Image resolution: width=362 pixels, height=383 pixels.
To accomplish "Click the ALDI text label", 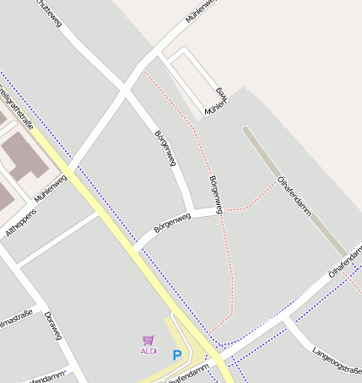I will (x=149, y=351).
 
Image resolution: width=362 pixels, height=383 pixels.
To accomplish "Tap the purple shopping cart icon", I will (x=149, y=340).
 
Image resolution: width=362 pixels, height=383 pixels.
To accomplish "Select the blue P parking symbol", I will (x=176, y=356).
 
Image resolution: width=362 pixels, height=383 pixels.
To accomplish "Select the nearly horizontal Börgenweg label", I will (x=172, y=223).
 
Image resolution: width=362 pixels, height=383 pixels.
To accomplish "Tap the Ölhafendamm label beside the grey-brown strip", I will (x=294, y=192).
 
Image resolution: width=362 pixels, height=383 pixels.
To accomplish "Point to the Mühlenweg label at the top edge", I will (x=201, y=10).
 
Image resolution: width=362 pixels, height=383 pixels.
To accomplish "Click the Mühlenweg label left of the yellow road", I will (x=51, y=186).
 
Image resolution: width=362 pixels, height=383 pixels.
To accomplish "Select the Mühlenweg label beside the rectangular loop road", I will (x=218, y=100).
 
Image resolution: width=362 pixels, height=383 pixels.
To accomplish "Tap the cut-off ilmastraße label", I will (x=15, y=318).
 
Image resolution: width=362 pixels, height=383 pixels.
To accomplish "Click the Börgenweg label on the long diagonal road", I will (x=165, y=148).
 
